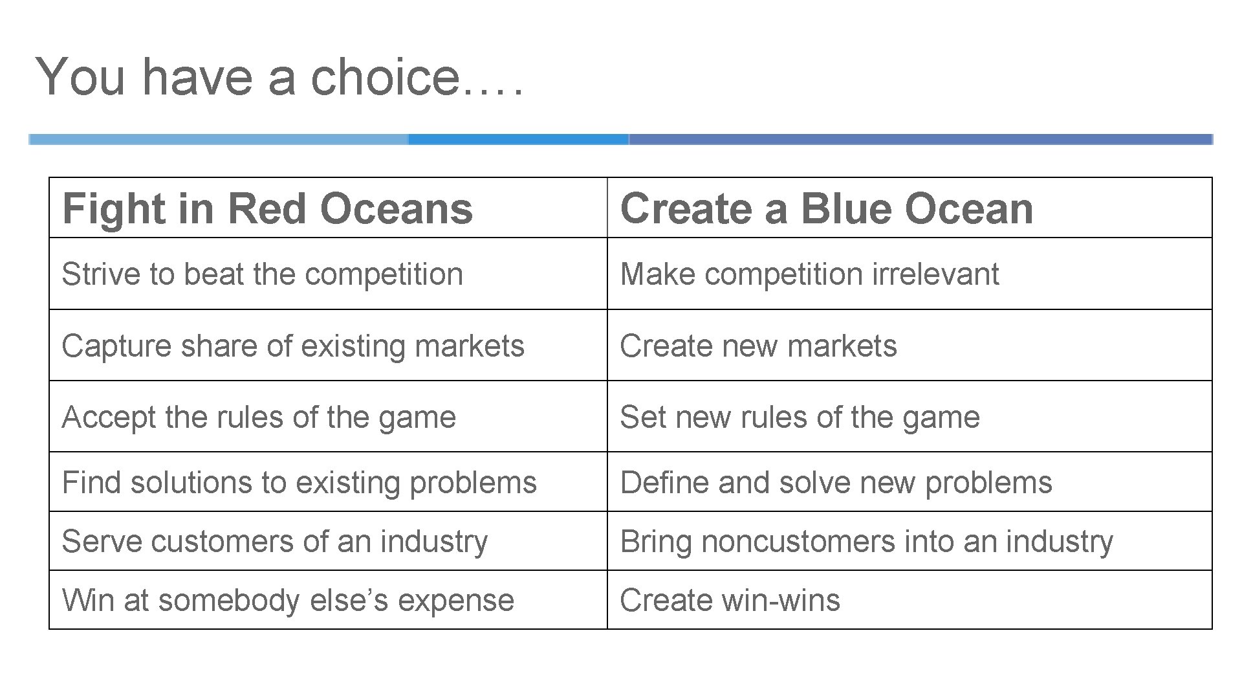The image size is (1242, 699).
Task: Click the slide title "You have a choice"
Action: coord(278,76)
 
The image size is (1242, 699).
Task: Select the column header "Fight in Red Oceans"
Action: coord(267,208)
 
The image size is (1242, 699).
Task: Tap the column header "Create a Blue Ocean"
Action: coord(826,208)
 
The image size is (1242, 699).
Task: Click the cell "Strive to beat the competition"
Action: coord(262,274)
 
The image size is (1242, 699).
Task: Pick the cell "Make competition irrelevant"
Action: coord(809,274)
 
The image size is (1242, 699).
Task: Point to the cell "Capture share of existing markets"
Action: coord(292,346)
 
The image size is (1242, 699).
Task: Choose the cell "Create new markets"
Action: coord(758,346)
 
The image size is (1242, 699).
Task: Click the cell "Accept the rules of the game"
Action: coord(259,417)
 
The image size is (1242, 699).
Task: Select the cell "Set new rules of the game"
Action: coord(800,417)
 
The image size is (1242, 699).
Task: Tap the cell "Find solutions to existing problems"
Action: coord(299,483)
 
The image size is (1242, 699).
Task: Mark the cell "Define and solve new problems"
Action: coord(836,483)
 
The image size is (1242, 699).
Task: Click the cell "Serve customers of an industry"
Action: coord(274,542)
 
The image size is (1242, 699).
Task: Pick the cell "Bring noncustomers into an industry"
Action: coord(866,542)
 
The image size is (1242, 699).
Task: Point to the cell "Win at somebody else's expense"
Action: coord(288,600)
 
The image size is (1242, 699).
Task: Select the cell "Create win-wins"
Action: coord(730,600)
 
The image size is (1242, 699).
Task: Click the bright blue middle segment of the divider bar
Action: coord(517,139)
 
